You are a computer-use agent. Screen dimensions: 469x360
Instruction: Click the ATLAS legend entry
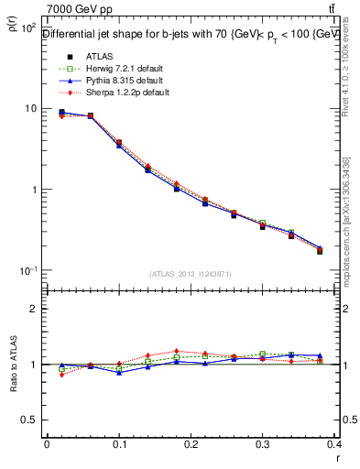(x=86, y=55)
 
